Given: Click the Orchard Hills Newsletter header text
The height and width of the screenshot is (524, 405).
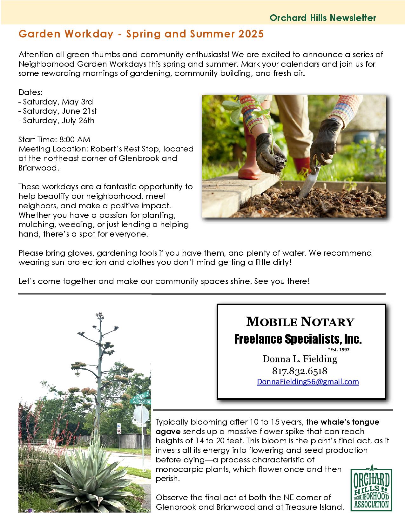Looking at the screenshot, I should pyautogui.click(x=323, y=18).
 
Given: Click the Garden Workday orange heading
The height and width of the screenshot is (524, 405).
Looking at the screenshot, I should pyautogui.click(x=141, y=34).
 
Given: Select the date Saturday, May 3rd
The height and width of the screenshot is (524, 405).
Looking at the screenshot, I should pyautogui.click(x=56, y=102).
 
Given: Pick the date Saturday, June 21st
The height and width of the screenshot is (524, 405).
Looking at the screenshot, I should pyautogui.click(x=58, y=111).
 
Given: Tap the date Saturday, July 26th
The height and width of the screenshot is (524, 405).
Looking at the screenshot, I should pyautogui.click(x=57, y=121).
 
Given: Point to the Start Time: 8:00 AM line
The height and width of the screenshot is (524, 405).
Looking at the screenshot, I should pyautogui.click(x=54, y=139).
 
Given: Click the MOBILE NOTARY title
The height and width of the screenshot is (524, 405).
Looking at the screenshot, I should pyautogui.click(x=300, y=322).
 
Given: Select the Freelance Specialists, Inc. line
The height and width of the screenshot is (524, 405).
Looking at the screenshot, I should pyautogui.click(x=298, y=339).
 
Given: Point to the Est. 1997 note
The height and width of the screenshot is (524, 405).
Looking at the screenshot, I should pyautogui.click(x=338, y=350).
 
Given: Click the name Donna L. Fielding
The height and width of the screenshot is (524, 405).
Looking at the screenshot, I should pyautogui.click(x=300, y=359).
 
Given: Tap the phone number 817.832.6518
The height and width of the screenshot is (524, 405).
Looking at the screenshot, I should pyautogui.click(x=300, y=371).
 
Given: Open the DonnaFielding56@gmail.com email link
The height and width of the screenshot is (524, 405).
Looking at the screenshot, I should pyautogui.click(x=307, y=382).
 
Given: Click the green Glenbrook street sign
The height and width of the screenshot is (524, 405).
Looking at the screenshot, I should pyautogui.click(x=142, y=401).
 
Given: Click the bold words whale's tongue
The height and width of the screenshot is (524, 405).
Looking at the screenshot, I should pyautogui.click(x=350, y=422).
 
